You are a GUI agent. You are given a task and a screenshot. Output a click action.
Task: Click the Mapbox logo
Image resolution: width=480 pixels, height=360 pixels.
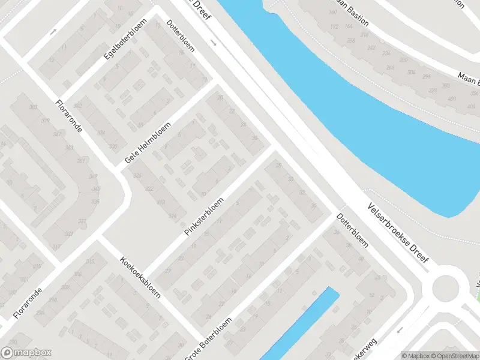tap(26, 353)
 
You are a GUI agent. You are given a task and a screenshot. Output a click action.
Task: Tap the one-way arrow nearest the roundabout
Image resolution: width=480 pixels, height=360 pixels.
tap(399, 329)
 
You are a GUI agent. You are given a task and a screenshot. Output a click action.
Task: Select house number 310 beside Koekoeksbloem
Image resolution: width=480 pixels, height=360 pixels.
tap(91, 262)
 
